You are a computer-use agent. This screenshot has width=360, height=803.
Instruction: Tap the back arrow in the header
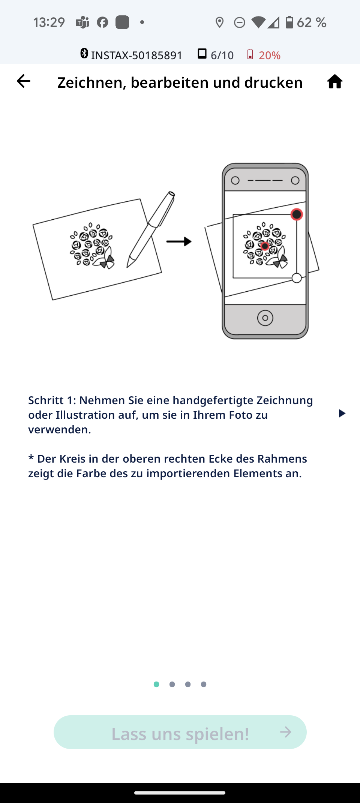point(23,81)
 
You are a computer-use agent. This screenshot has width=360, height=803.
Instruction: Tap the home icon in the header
point(334,81)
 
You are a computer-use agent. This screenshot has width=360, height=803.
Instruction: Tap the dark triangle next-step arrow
point(342,413)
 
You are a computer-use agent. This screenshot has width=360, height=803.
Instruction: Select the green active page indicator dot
point(156,684)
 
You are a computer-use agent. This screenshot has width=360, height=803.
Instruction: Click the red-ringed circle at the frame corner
point(297,214)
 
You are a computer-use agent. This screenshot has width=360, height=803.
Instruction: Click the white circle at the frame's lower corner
point(297,278)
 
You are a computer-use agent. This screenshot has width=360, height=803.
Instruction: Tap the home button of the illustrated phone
point(265,318)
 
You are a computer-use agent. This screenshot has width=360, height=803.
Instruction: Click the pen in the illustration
point(150,229)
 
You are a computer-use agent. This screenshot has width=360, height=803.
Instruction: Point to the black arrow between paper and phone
point(179,241)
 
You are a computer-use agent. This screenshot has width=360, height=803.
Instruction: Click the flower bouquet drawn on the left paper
point(92,246)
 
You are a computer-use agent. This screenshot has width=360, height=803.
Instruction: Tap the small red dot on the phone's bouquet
point(265,246)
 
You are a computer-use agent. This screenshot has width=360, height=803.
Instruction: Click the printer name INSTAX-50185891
point(136,55)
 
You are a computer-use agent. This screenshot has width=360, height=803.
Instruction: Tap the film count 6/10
point(222,55)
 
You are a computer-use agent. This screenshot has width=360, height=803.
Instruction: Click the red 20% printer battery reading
point(270,55)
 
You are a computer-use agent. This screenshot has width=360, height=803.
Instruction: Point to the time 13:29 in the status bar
point(49,22)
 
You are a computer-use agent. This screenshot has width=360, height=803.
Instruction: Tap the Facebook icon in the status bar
point(102,22)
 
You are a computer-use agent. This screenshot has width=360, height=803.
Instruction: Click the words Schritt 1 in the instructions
point(52,400)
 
